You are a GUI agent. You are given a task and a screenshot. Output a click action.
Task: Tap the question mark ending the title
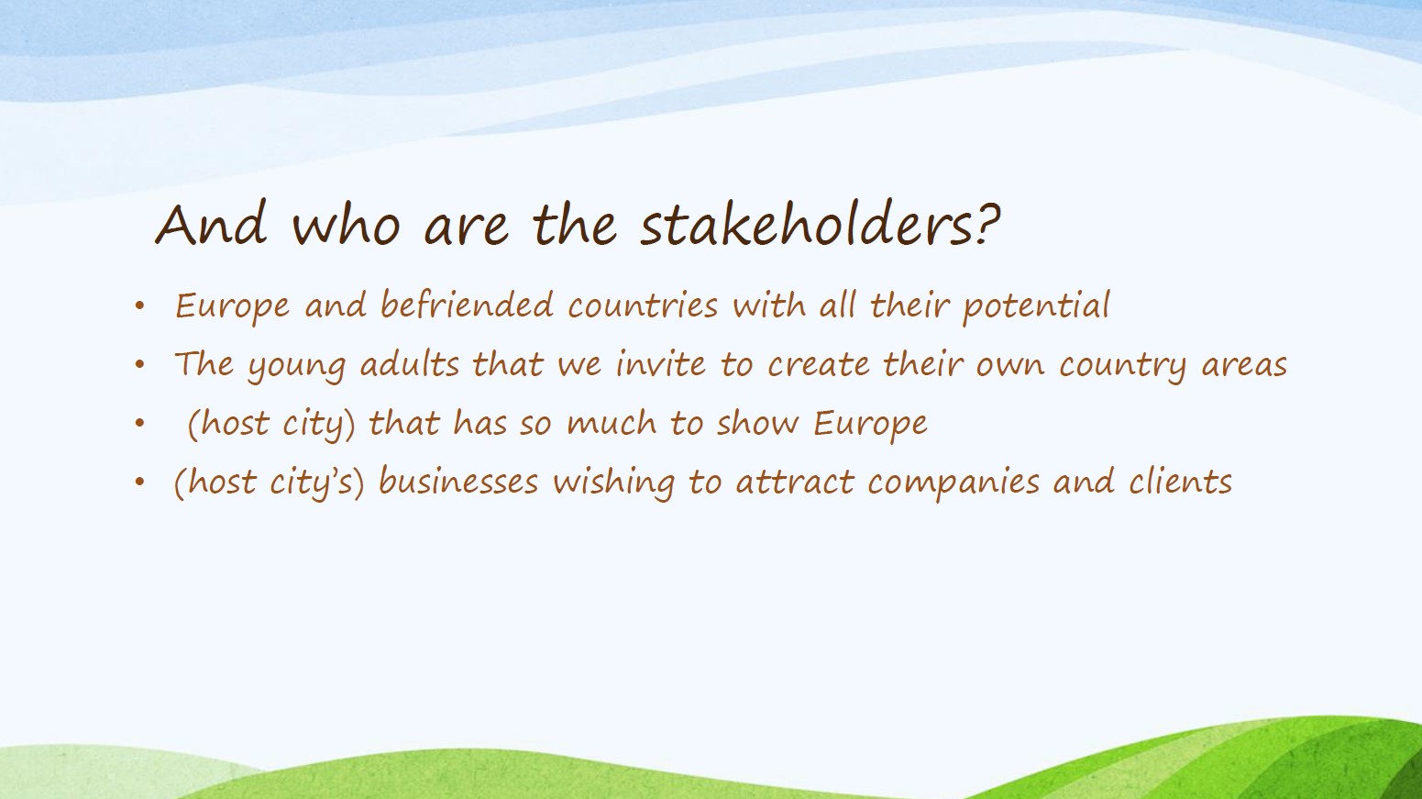pos(983,224)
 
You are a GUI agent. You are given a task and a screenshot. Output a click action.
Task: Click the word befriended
pos(467,305)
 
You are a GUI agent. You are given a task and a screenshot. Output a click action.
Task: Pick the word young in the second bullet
pos(296,366)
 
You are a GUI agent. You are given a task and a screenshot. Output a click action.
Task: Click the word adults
pos(410,364)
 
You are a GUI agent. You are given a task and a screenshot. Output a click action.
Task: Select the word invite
pos(661,364)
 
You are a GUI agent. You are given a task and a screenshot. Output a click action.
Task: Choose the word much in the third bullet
pos(612,422)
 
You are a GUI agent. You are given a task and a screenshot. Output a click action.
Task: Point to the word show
pos(758,422)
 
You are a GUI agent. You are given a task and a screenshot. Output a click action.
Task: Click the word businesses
pos(458,481)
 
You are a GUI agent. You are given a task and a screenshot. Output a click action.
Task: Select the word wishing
pos(614,483)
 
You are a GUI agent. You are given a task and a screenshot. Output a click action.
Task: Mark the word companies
pos(954,483)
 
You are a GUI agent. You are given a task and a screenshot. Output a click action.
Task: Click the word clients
pos(1181,481)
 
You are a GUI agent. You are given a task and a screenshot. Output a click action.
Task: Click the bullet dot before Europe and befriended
pos(139,306)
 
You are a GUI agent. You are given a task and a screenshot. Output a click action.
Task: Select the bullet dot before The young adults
pos(139,364)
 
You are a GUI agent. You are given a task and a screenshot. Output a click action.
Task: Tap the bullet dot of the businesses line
pos(139,482)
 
